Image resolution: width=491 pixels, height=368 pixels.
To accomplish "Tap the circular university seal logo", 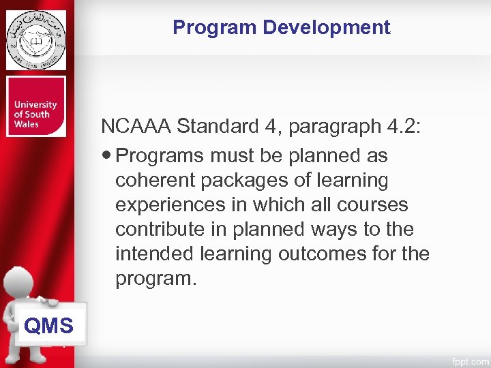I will pyautogui.click(x=36, y=40).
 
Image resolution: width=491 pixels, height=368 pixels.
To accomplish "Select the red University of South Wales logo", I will pyautogui.click(x=36, y=106).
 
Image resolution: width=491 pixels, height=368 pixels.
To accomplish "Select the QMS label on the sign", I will pyautogui.click(x=48, y=326).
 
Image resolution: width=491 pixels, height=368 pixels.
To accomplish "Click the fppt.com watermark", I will pyautogui.click(x=468, y=359).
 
